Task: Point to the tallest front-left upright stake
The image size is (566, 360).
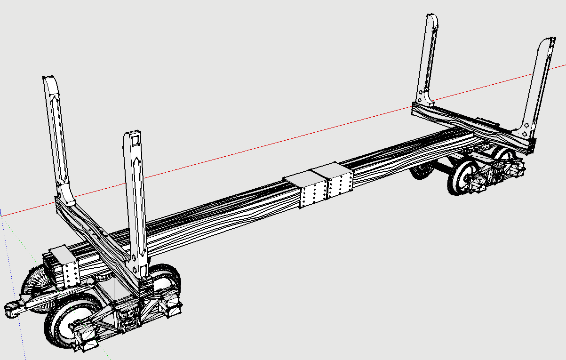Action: [x=56, y=136]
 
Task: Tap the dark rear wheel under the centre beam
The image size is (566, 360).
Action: [x=421, y=172]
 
